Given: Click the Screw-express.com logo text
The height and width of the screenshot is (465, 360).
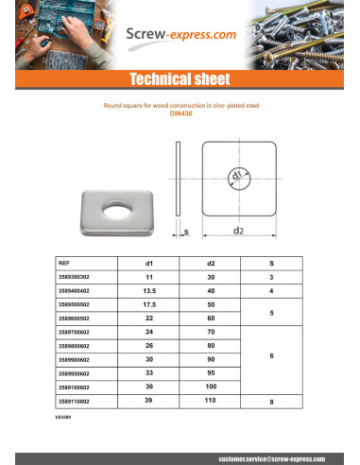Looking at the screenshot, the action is click(x=179, y=36).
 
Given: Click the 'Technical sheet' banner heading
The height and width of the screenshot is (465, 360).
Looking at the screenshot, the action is click(x=180, y=79).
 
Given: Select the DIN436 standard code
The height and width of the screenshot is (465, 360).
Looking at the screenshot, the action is click(x=180, y=114).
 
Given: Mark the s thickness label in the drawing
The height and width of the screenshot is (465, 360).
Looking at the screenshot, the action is click(x=186, y=229).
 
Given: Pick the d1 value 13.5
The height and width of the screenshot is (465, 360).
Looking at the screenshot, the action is click(x=148, y=291).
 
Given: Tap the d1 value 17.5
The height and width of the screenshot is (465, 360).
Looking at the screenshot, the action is click(x=148, y=305).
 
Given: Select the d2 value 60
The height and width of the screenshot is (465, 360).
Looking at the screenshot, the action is click(x=210, y=319).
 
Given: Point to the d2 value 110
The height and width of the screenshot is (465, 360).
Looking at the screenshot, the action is click(x=210, y=402).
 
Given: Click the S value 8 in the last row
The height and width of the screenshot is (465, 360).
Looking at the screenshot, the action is click(x=272, y=402).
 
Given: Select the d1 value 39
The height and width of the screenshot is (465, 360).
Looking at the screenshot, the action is click(x=148, y=402).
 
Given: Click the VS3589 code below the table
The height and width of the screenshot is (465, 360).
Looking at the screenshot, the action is click(x=63, y=415).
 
